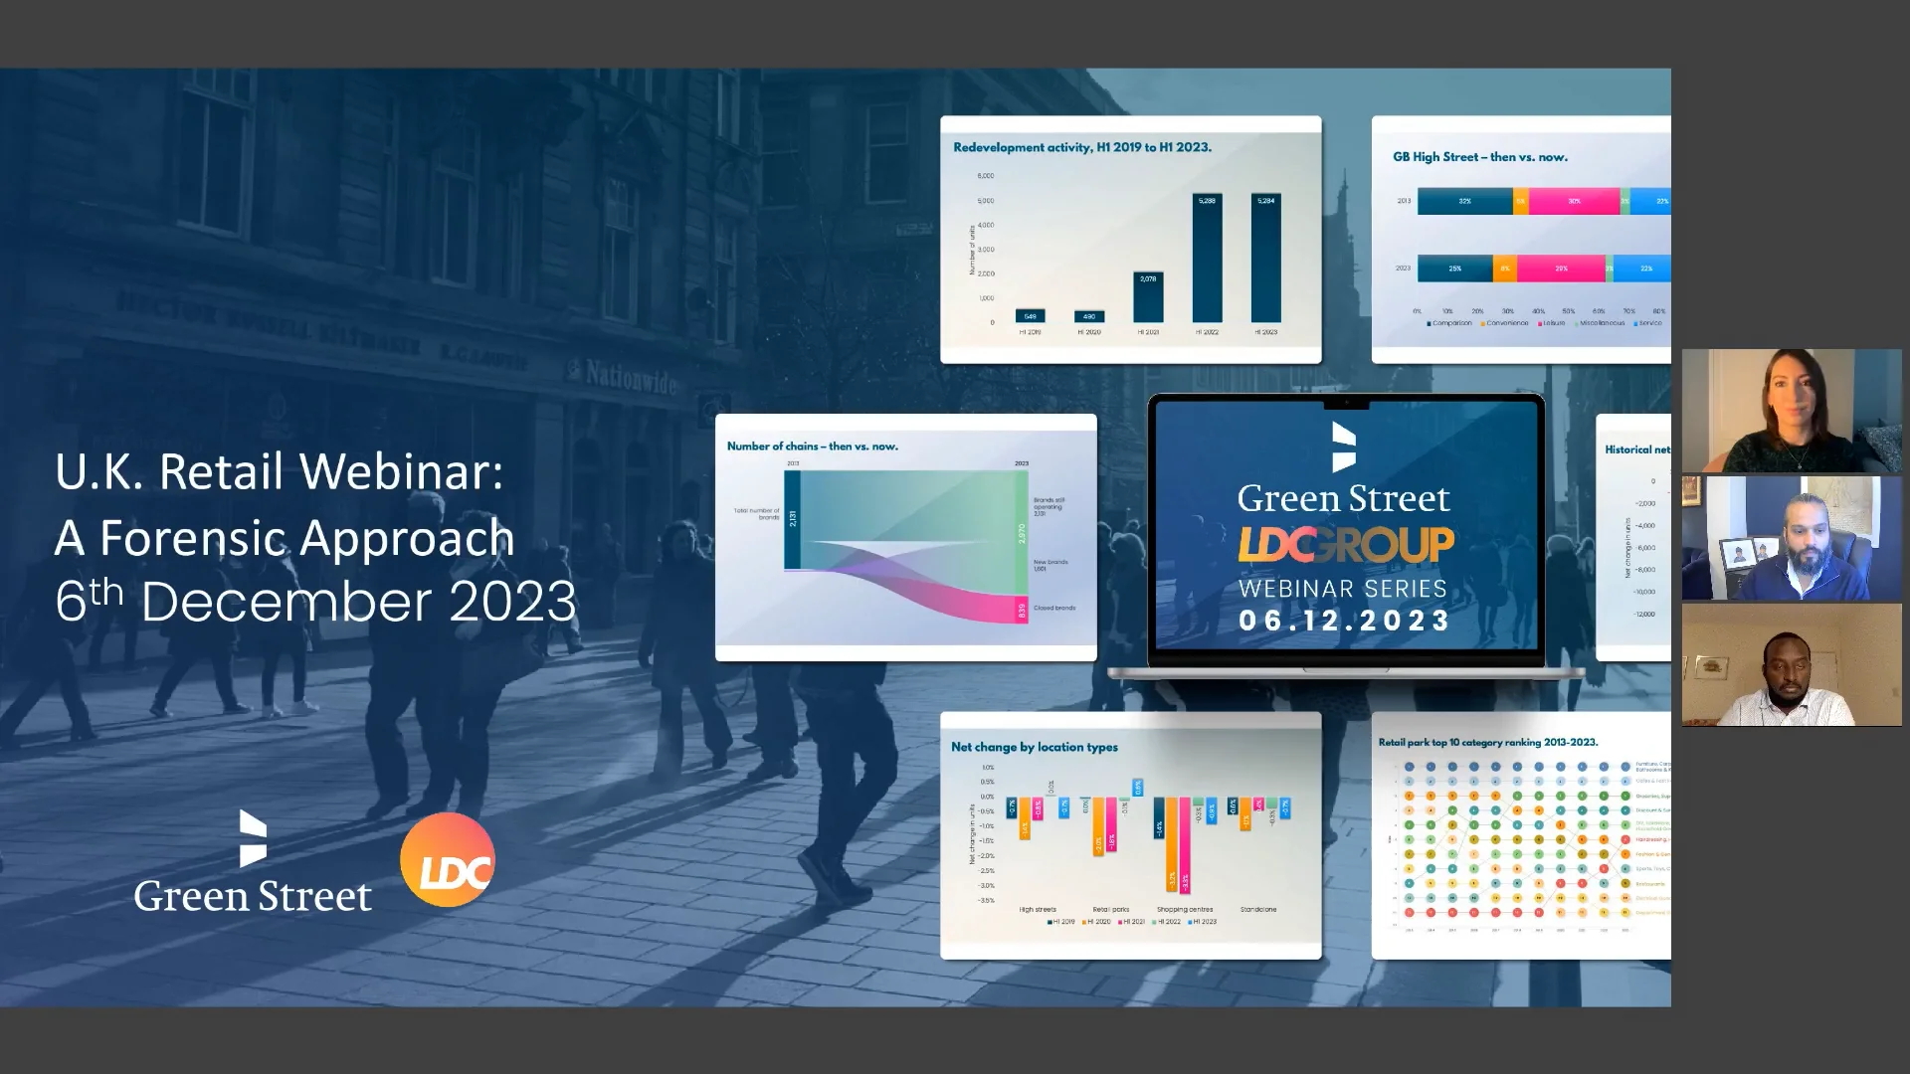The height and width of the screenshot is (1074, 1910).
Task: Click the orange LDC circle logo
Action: [448, 860]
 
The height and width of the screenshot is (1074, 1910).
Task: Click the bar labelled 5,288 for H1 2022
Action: [1207, 258]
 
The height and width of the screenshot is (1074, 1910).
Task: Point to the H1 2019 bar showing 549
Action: [1030, 316]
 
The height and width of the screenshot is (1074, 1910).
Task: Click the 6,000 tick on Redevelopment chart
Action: [985, 176]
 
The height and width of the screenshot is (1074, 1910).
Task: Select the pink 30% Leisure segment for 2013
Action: [1574, 201]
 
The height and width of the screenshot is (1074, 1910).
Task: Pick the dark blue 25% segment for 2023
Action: [1454, 268]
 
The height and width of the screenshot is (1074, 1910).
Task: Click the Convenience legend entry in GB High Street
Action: [1504, 323]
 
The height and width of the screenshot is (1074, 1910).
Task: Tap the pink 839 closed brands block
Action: [1022, 611]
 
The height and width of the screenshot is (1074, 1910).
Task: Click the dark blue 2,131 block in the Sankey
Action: [793, 519]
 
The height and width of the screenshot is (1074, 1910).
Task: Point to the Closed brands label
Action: [1054, 608]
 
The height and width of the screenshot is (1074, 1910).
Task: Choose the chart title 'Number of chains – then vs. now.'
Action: [812, 447]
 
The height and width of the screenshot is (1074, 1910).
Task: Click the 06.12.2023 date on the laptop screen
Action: [1345, 621]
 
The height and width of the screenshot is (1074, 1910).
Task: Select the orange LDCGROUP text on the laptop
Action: [1345, 544]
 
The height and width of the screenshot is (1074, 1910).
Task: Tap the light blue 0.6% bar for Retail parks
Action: [1138, 788]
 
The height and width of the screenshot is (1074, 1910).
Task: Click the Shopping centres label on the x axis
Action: [1185, 909]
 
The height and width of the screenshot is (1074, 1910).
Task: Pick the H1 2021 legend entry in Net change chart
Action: [1131, 922]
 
